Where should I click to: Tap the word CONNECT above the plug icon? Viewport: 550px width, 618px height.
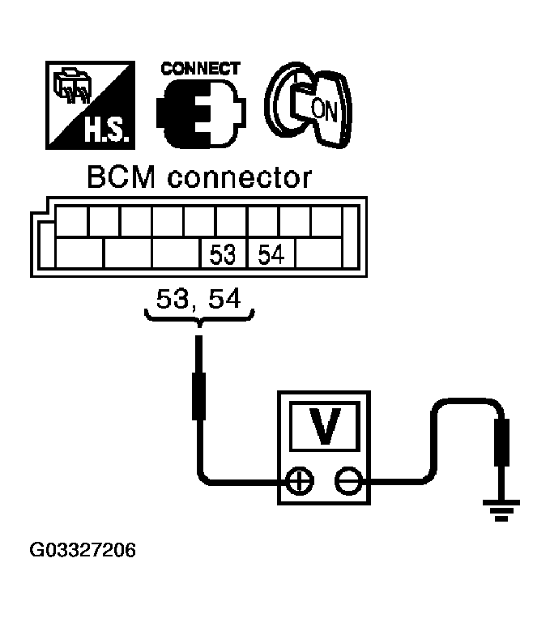201,69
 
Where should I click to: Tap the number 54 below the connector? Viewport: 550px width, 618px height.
224,300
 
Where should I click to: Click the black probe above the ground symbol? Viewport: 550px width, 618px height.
502,441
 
